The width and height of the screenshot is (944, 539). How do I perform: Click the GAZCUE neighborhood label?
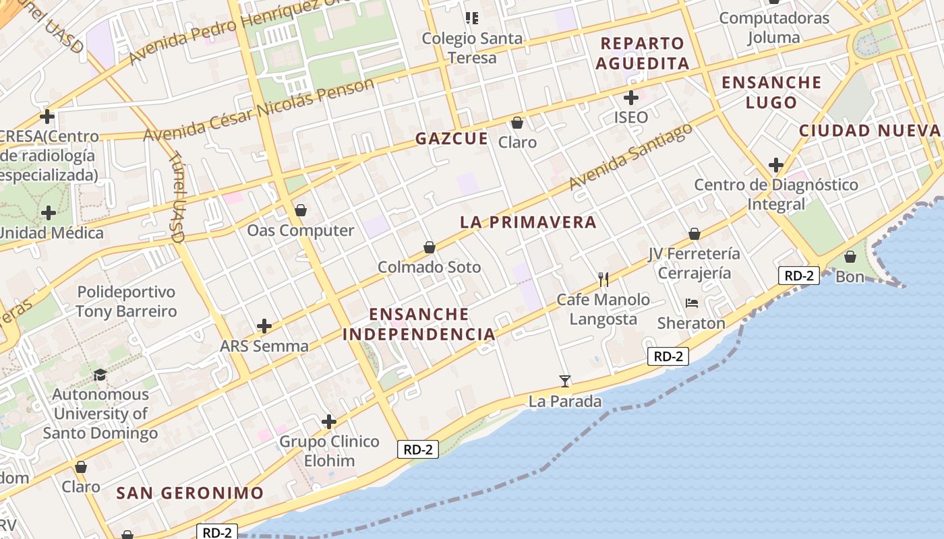click(x=451, y=139)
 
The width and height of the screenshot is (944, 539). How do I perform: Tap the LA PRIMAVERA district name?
click(x=528, y=222)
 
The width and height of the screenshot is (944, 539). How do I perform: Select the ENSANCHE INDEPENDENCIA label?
click(x=419, y=324)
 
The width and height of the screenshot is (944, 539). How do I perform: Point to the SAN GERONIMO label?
click(x=189, y=493)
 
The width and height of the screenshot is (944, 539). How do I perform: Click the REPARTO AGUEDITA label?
click(x=643, y=53)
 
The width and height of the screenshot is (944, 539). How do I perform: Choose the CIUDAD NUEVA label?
click(x=869, y=131)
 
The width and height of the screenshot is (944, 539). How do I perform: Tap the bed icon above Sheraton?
click(x=691, y=303)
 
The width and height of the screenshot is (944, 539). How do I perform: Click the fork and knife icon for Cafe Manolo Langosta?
click(x=603, y=279)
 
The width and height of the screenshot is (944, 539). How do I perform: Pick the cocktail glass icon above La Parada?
click(x=565, y=381)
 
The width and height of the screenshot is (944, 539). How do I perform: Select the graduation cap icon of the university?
click(x=100, y=375)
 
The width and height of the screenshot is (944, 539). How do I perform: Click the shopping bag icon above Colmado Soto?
click(x=430, y=247)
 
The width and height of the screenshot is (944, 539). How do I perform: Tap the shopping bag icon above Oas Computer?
click(x=301, y=211)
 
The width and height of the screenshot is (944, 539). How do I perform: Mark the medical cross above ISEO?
click(x=631, y=98)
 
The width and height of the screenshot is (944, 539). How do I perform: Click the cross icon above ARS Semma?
click(x=264, y=327)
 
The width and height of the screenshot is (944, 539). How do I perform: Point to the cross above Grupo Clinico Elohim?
click(x=329, y=422)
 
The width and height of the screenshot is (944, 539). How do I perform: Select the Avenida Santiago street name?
click(x=630, y=156)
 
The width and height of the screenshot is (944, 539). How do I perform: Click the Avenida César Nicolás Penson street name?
click(x=258, y=110)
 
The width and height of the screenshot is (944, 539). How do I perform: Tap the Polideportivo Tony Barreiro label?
click(x=126, y=302)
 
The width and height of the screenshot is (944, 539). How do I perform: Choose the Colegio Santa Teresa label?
click(x=472, y=48)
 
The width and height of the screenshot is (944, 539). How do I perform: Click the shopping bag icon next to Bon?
click(x=850, y=257)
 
